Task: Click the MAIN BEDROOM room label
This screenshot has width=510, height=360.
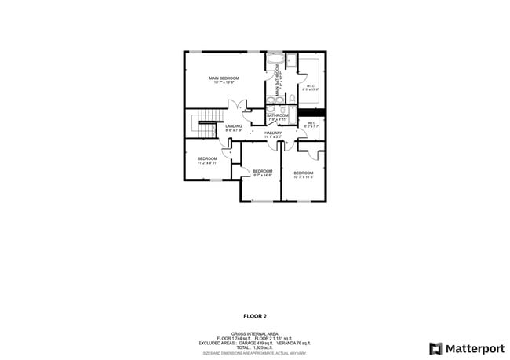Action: point(224,78)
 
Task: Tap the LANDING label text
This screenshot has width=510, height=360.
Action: point(234,126)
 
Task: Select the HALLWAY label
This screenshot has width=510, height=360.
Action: point(272,133)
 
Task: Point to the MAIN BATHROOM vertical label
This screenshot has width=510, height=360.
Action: point(277,78)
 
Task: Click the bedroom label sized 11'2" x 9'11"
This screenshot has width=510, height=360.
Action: point(207,158)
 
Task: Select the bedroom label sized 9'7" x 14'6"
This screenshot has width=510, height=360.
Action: point(262,171)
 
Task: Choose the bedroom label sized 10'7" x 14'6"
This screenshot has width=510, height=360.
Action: point(303,173)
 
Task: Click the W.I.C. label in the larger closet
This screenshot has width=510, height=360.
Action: point(311,86)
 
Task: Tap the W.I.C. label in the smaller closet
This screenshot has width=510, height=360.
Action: point(311,123)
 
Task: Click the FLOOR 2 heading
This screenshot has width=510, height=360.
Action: point(254,316)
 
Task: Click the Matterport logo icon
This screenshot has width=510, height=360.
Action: point(435,348)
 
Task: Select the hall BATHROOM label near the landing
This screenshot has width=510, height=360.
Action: point(278,116)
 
